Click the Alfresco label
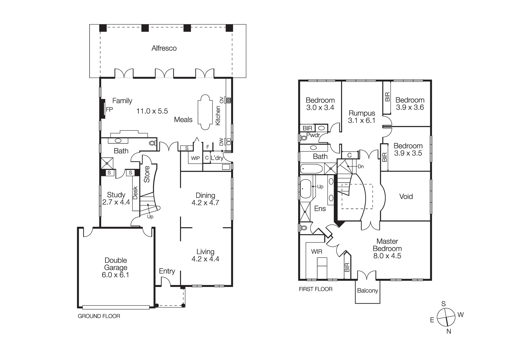point(164,48)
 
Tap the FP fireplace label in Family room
point(109,110)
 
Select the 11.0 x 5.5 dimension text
point(152,111)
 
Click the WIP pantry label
point(195,158)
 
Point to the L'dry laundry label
point(217,158)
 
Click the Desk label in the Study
point(135,193)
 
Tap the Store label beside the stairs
point(147,174)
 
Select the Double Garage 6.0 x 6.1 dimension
point(116,275)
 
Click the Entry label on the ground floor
point(167,271)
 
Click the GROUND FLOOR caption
point(99,316)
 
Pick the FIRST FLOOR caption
point(316,289)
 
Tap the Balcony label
point(367,290)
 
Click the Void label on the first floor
point(406,196)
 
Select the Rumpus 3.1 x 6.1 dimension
point(362,121)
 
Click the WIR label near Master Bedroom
point(317,252)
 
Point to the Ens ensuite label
point(320,209)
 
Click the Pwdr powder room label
point(313,135)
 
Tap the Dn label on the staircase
point(361,167)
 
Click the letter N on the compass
point(449,331)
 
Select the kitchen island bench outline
point(205,112)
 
